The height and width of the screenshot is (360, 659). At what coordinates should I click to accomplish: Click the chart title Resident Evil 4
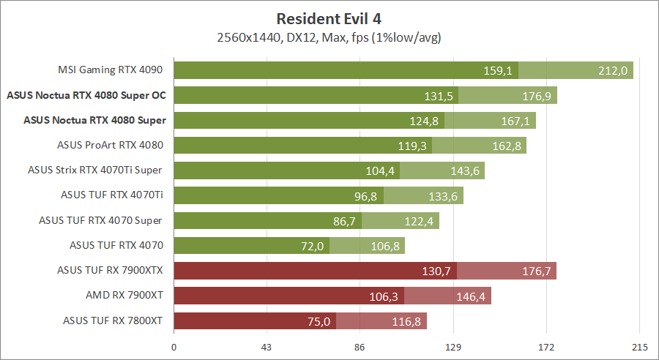[x=329, y=18]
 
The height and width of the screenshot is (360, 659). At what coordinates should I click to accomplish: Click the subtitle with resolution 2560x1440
[x=329, y=37]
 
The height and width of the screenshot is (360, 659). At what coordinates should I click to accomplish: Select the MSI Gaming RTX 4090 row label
[x=110, y=70]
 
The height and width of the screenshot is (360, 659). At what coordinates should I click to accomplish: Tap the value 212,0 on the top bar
[x=613, y=71]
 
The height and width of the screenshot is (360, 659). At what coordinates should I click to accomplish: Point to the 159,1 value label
[x=498, y=71]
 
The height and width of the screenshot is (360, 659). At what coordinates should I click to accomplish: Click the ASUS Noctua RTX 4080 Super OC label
[x=86, y=95]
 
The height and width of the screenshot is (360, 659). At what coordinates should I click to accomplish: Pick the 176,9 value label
[x=537, y=96]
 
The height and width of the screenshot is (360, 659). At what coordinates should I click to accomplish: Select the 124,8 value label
[x=424, y=121]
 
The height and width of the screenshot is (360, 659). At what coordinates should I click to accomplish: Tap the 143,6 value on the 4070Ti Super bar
[x=464, y=170]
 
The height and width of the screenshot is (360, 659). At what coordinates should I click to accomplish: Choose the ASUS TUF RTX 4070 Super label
[x=100, y=220]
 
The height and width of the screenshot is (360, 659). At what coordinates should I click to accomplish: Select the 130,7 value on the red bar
[x=436, y=271]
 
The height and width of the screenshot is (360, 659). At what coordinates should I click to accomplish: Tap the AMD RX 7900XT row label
[x=124, y=294]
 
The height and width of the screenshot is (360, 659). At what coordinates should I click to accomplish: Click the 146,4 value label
[x=471, y=296]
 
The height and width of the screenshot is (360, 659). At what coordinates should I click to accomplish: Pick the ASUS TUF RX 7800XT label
[x=113, y=319]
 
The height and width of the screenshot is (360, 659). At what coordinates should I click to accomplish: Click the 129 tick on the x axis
[x=453, y=348]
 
